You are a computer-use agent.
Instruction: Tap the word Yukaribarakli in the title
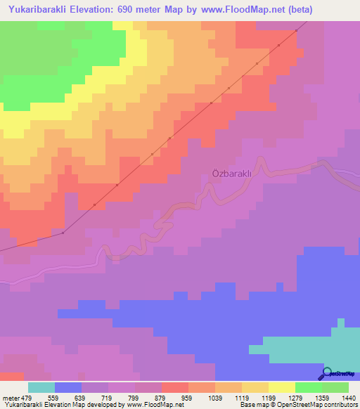tap(42, 10)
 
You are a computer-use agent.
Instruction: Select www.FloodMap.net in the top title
tap(238, 10)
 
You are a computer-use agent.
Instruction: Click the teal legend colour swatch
tap(41, 387)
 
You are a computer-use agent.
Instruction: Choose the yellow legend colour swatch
tap(281, 387)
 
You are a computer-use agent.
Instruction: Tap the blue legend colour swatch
tap(68, 387)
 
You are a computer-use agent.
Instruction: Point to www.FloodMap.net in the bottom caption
tap(150, 405)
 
